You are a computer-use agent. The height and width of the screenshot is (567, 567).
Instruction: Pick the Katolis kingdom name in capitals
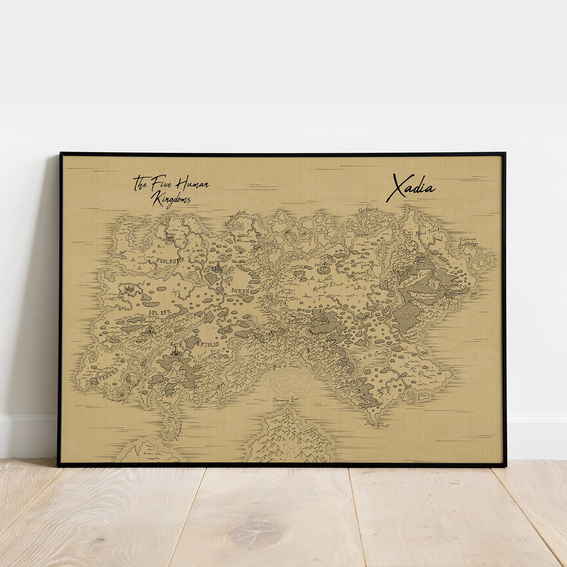[207, 344]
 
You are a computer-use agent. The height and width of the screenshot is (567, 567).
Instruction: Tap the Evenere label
[101, 380]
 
